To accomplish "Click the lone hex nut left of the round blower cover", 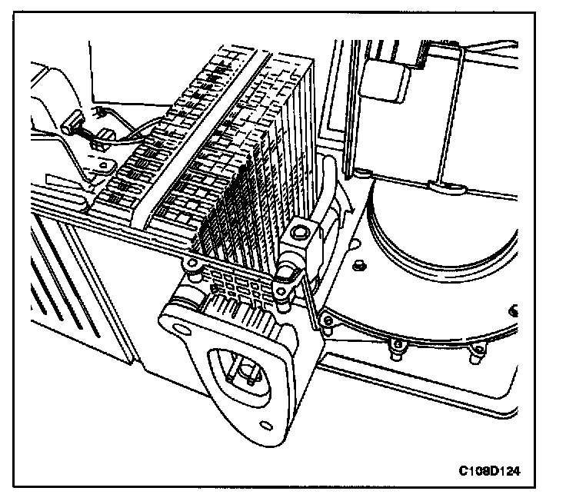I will (x=359, y=265).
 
